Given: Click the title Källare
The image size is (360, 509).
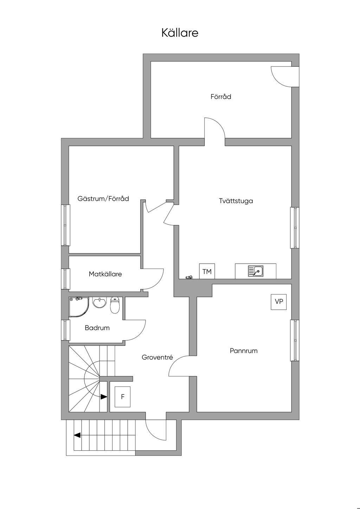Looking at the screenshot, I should pyautogui.click(x=180, y=33).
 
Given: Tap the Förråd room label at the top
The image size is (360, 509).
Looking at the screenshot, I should pyautogui.click(x=221, y=97).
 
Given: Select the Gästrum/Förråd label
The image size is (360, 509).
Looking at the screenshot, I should pyautogui.click(x=103, y=199).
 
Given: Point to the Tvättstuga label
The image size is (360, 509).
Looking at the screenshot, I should pyautogui.click(x=236, y=201).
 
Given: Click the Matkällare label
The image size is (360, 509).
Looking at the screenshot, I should pyautogui.click(x=105, y=274).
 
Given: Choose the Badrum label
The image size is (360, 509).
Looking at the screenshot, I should pyautogui.click(x=97, y=328).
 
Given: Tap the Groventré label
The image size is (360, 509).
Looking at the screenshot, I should pyautogui.click(x=157, y=357).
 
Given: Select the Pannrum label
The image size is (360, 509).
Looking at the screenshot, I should pyautogui.click(x=244, y=350).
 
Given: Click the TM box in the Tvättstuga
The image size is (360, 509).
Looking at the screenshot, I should pyautogui.click(x=207, y=271).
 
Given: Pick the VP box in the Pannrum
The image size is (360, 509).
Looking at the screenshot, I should pyautogui.click(x=279, y=302).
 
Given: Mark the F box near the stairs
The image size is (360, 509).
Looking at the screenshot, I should pyautogui.click(x=123, y=397).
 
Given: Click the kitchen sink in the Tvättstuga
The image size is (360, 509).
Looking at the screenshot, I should pyautogui.click(x=256, y=271).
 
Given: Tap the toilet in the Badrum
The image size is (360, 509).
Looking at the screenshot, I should pyautogui.click(x=115, y=305).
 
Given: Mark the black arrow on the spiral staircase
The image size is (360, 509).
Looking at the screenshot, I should pyautogui.click(x=104, y=397).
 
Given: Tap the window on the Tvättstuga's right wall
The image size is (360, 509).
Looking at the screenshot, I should pyautogui.click(x=294, y=227).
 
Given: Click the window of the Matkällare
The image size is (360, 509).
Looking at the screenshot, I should pyautogui.click(x=65, y=279).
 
